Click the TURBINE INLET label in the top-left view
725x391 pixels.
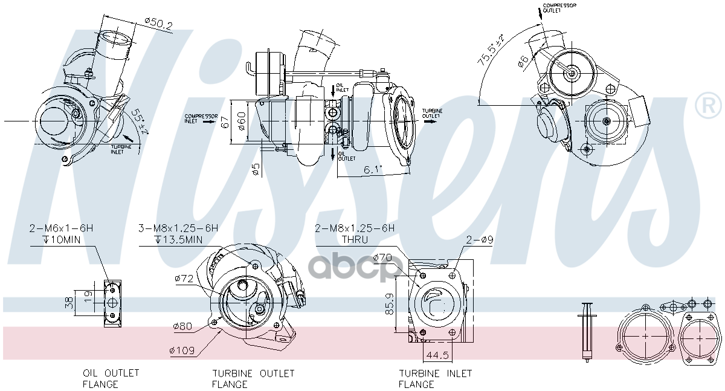coord(118,149)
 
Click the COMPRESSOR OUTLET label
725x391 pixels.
coord(559,8)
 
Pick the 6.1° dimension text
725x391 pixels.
coord(373,170)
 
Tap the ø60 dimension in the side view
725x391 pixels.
coord(242,120)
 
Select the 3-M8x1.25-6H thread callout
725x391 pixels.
coord(178,228)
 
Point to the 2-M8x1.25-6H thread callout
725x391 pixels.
coord(355,228)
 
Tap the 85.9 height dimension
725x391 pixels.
coord(390,304)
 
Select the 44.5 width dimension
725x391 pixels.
coord(434,355)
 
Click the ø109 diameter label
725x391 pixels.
coord(181,350)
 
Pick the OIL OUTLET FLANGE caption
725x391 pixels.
coord(111,378)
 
